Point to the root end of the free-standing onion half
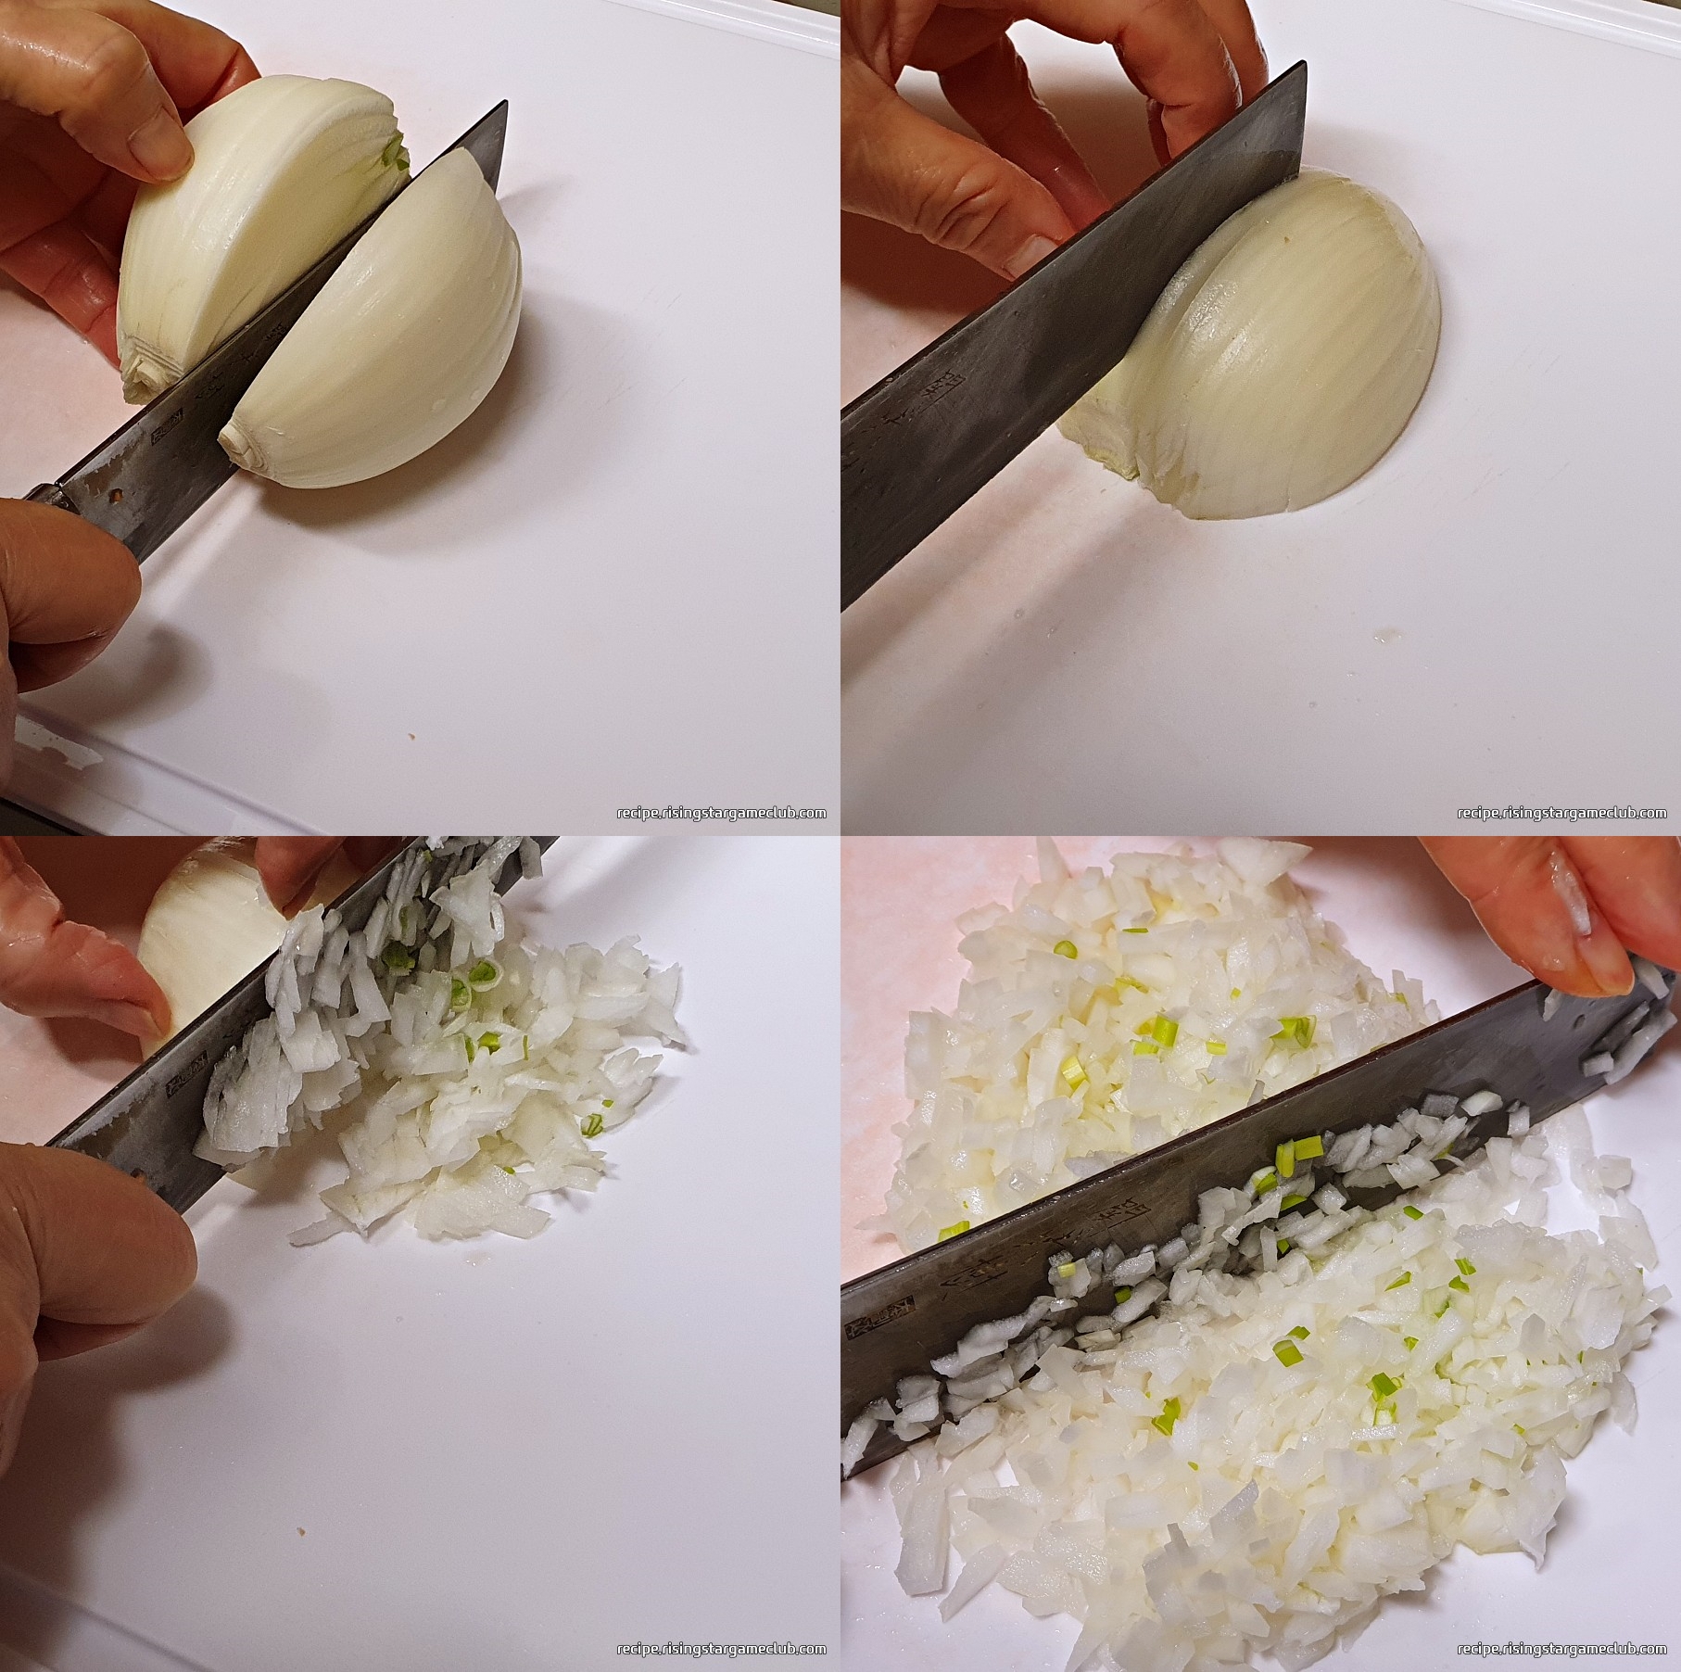click(x=243, y=446)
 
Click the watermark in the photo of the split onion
click(x=722, y=813)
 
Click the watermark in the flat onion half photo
click(x=1562, y=813)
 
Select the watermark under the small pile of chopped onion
click(x=722, y=1649)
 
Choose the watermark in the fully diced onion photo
click(x=1562, y=1649)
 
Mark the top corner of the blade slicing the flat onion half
click(x=1303, y=65)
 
